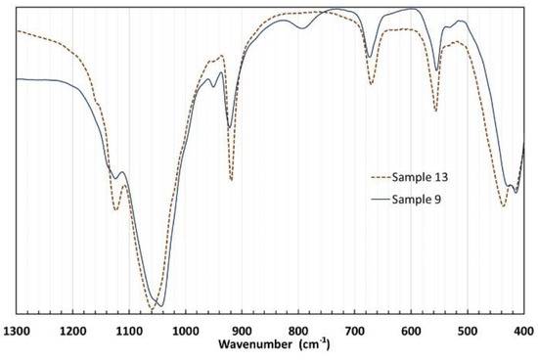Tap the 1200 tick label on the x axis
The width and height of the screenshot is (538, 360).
coord(73,332)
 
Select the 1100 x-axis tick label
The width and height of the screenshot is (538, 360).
coord(129,332)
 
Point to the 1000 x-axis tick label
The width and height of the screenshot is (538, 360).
coord(186,332)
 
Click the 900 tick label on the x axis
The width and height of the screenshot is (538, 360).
coord(243,332)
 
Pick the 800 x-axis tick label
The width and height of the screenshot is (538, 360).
coord(298,332)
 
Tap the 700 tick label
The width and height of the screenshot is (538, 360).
coord(355,332)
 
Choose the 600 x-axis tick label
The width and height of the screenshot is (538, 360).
coord(411,332)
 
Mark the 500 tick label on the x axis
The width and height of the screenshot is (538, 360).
coord(468,332)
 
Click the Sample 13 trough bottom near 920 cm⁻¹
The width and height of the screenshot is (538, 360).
coord(231,180)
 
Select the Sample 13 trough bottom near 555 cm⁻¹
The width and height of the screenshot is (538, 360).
coord(436,111)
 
